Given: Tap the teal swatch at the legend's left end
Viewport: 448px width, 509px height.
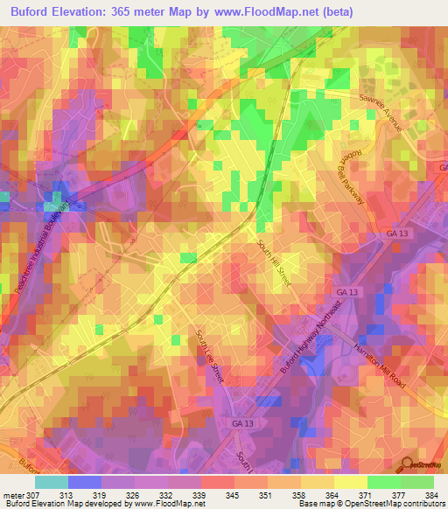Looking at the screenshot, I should click(52, 481).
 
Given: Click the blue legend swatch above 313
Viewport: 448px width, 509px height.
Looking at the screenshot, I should click(85, 481).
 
